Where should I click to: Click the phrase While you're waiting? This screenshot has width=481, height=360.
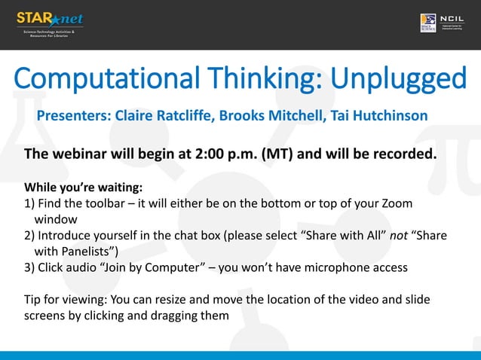84,187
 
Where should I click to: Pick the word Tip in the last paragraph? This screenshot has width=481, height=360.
34,300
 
